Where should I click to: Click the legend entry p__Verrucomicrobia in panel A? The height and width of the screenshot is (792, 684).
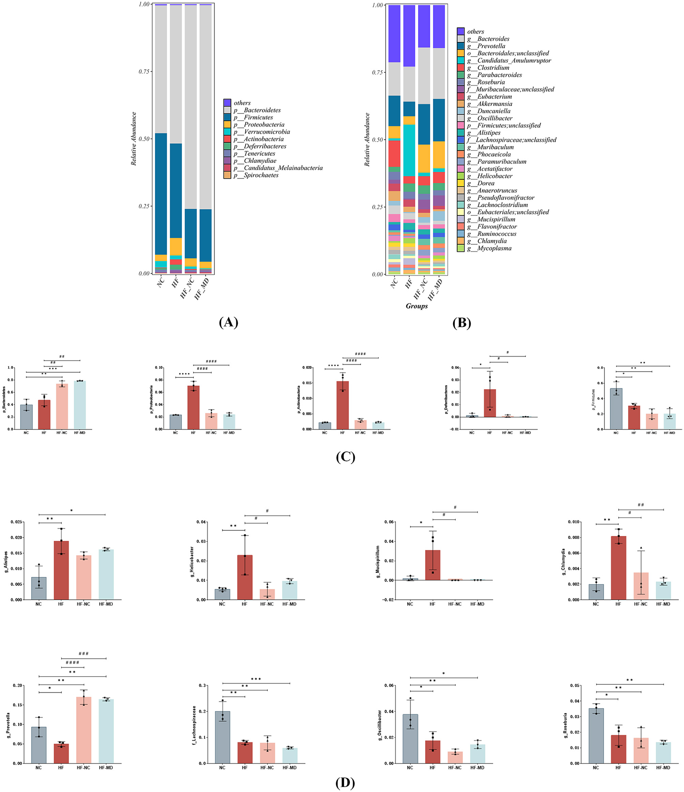point(266,132)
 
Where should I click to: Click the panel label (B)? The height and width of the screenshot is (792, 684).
point(461,323)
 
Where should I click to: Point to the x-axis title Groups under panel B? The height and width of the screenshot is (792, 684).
point(416,306)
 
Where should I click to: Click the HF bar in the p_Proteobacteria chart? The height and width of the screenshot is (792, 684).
point(193,408)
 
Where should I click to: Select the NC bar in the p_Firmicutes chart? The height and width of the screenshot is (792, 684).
point(616,409)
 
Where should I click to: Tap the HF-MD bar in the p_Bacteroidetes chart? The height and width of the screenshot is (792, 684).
point(80,405)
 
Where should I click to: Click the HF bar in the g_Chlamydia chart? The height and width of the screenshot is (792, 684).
point(618,568)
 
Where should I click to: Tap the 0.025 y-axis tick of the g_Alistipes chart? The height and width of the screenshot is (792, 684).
point(17,522)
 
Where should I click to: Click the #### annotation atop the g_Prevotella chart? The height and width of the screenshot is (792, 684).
point(72,663)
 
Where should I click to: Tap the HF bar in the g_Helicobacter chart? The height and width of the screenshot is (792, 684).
point(245,577)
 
